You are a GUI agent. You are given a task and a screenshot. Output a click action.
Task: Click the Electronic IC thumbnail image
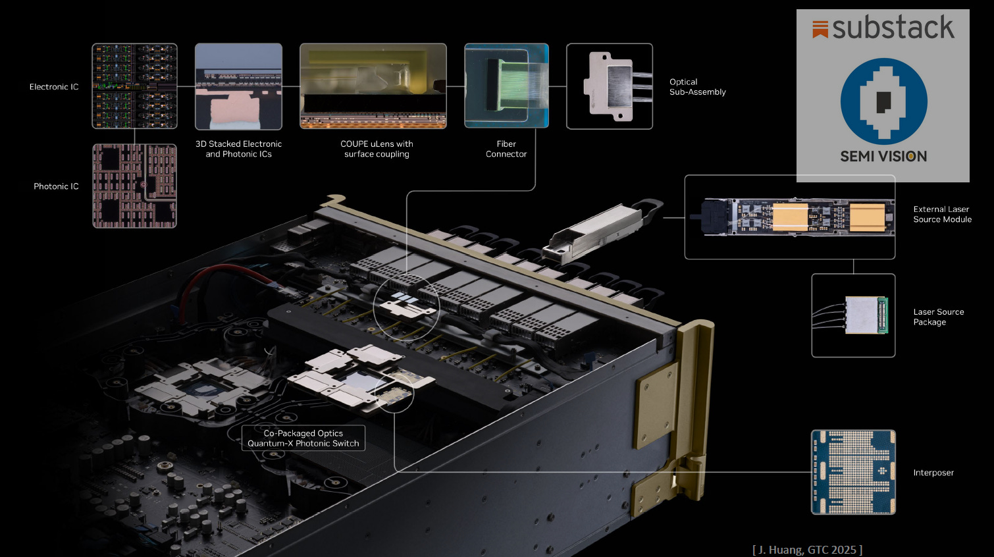click(x=134, y=86)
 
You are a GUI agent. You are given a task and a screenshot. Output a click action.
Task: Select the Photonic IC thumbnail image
click(x=134, y=186)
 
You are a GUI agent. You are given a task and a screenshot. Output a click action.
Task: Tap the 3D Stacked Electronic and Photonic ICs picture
click(x=238, y=86)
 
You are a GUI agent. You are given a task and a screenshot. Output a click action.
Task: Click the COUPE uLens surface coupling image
click(x=373, y=86)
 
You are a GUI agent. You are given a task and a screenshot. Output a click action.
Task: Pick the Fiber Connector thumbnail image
click(x=506, y=86)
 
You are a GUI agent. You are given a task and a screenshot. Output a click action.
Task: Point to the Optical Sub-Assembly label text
click(x=697, y=87)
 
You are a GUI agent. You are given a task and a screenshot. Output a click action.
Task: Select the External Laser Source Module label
click(x=942, y=215)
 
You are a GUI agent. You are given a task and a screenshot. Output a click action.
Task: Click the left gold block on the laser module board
click(x=789, y=217)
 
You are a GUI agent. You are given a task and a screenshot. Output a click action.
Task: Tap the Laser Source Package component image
click(x=864, y=315)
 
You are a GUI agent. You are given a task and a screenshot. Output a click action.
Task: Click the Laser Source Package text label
click(x=938, y=317)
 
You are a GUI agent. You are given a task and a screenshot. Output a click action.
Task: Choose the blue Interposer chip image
click(x=853, y=472)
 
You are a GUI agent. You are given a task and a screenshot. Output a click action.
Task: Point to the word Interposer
click(x=933, y=473)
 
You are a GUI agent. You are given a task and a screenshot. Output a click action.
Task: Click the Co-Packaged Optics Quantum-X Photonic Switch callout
click(x=303, y=438)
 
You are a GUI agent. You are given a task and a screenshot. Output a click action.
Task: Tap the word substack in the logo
click(x=893, y=28)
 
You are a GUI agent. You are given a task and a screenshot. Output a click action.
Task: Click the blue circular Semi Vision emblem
click(x=883, y=101)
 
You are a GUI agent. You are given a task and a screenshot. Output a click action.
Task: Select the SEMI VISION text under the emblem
click(x=883, y=157)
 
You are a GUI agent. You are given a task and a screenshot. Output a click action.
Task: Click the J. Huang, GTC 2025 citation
click(x=807, y=550)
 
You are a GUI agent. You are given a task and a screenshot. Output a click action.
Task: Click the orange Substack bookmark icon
click(x=820, y=29)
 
